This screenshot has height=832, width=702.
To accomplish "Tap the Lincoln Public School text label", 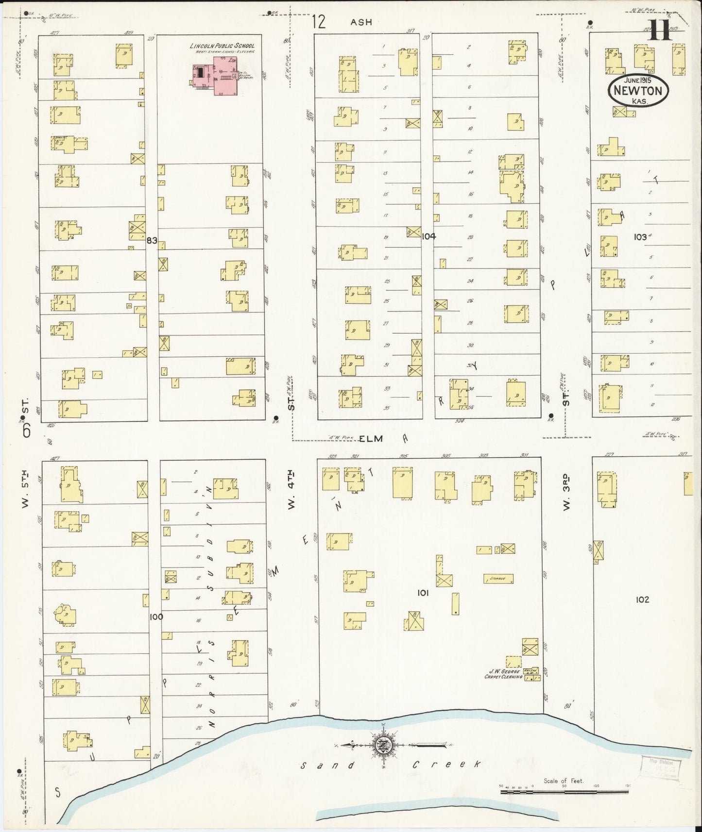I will [222, 46].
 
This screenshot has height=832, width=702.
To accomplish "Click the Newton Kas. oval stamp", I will [637, 90].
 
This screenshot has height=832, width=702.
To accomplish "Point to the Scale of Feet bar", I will [564, 792].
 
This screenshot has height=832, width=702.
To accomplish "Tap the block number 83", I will [152, 240].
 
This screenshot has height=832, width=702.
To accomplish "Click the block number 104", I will [429, 236].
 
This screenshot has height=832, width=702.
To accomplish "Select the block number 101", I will [423, 593].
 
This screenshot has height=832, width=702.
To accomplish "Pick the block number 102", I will [642, 599].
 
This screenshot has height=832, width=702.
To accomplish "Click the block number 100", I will [156, 617].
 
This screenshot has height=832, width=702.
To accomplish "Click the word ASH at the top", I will [361, 22].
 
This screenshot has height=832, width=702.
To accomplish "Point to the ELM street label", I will [372, 438].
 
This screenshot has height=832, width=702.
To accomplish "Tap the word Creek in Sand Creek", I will [446, 764].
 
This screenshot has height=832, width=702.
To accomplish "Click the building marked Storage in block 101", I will [498, 579].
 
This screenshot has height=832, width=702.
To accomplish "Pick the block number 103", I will [641, 237].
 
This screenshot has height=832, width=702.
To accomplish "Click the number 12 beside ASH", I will [319, 22].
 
